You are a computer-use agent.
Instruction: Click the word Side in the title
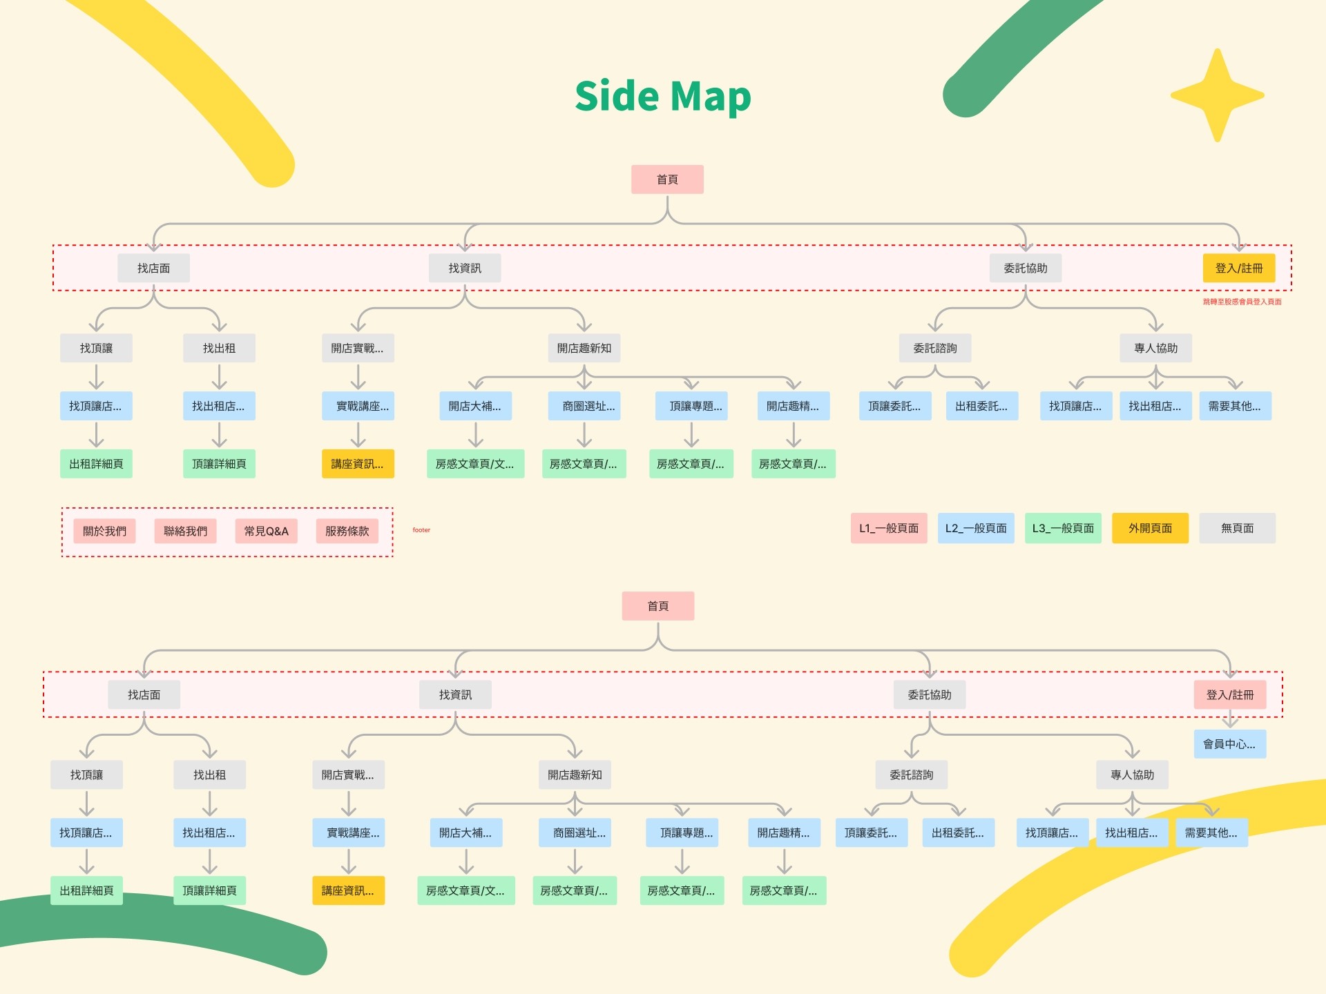(x=617, y=96)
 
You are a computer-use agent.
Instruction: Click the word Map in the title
(x=710, y=97)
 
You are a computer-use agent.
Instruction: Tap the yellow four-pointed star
(x=1218, y=95)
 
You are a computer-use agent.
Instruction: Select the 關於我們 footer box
(x=104, y=531)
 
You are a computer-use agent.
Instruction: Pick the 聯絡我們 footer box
(x=185, y=531)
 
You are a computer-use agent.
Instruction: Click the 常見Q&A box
(x=266, y=531)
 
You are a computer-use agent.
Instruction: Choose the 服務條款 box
(x=347, y=531)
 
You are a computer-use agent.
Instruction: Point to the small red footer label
(x=421, y=530)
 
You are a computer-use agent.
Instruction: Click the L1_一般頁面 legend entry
(x=889, y=528)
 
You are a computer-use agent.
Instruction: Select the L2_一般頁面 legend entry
(x=976, y=528)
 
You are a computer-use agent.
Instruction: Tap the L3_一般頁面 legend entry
(x=1063, y=528)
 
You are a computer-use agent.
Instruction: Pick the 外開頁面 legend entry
(x=1150, y=528)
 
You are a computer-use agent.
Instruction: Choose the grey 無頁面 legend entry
(x=1237, y=528)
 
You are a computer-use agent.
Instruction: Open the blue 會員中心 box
(x=1229, y=744)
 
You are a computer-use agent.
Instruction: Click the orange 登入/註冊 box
(x=1239, y=268)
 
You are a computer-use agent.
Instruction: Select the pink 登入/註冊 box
(x=1229, y=694)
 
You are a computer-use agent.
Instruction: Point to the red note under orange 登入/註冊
(x=1242, y=302)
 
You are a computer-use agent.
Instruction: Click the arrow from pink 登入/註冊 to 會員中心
(x=1230, y=720)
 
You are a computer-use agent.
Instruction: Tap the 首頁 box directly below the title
(x=667, y=179)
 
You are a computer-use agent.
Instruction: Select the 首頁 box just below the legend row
(x=657, y=606)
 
